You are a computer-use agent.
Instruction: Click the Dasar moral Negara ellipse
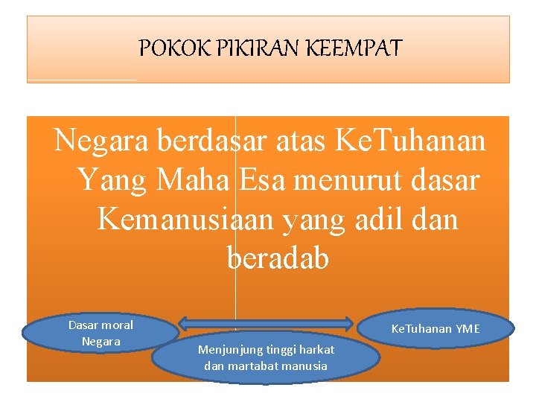pyautogui.click(x=100, y=333)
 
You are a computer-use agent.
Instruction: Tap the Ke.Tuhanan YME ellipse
pyautogui.click(x=436, y=328)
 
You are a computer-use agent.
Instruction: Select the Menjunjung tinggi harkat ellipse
pyautogui.click(x=266, y=357)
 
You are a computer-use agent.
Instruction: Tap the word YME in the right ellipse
pyautogui.click(x=468, y=329)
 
